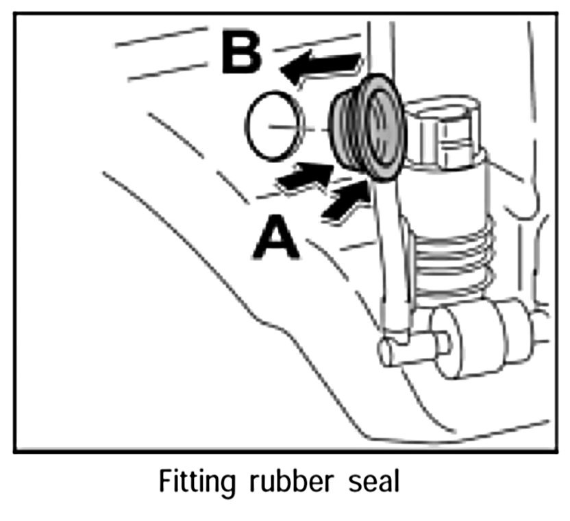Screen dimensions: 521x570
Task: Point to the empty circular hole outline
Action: (273, 125)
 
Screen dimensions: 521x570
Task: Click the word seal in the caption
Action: (371, 481)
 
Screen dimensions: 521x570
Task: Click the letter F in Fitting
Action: (164, 481)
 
